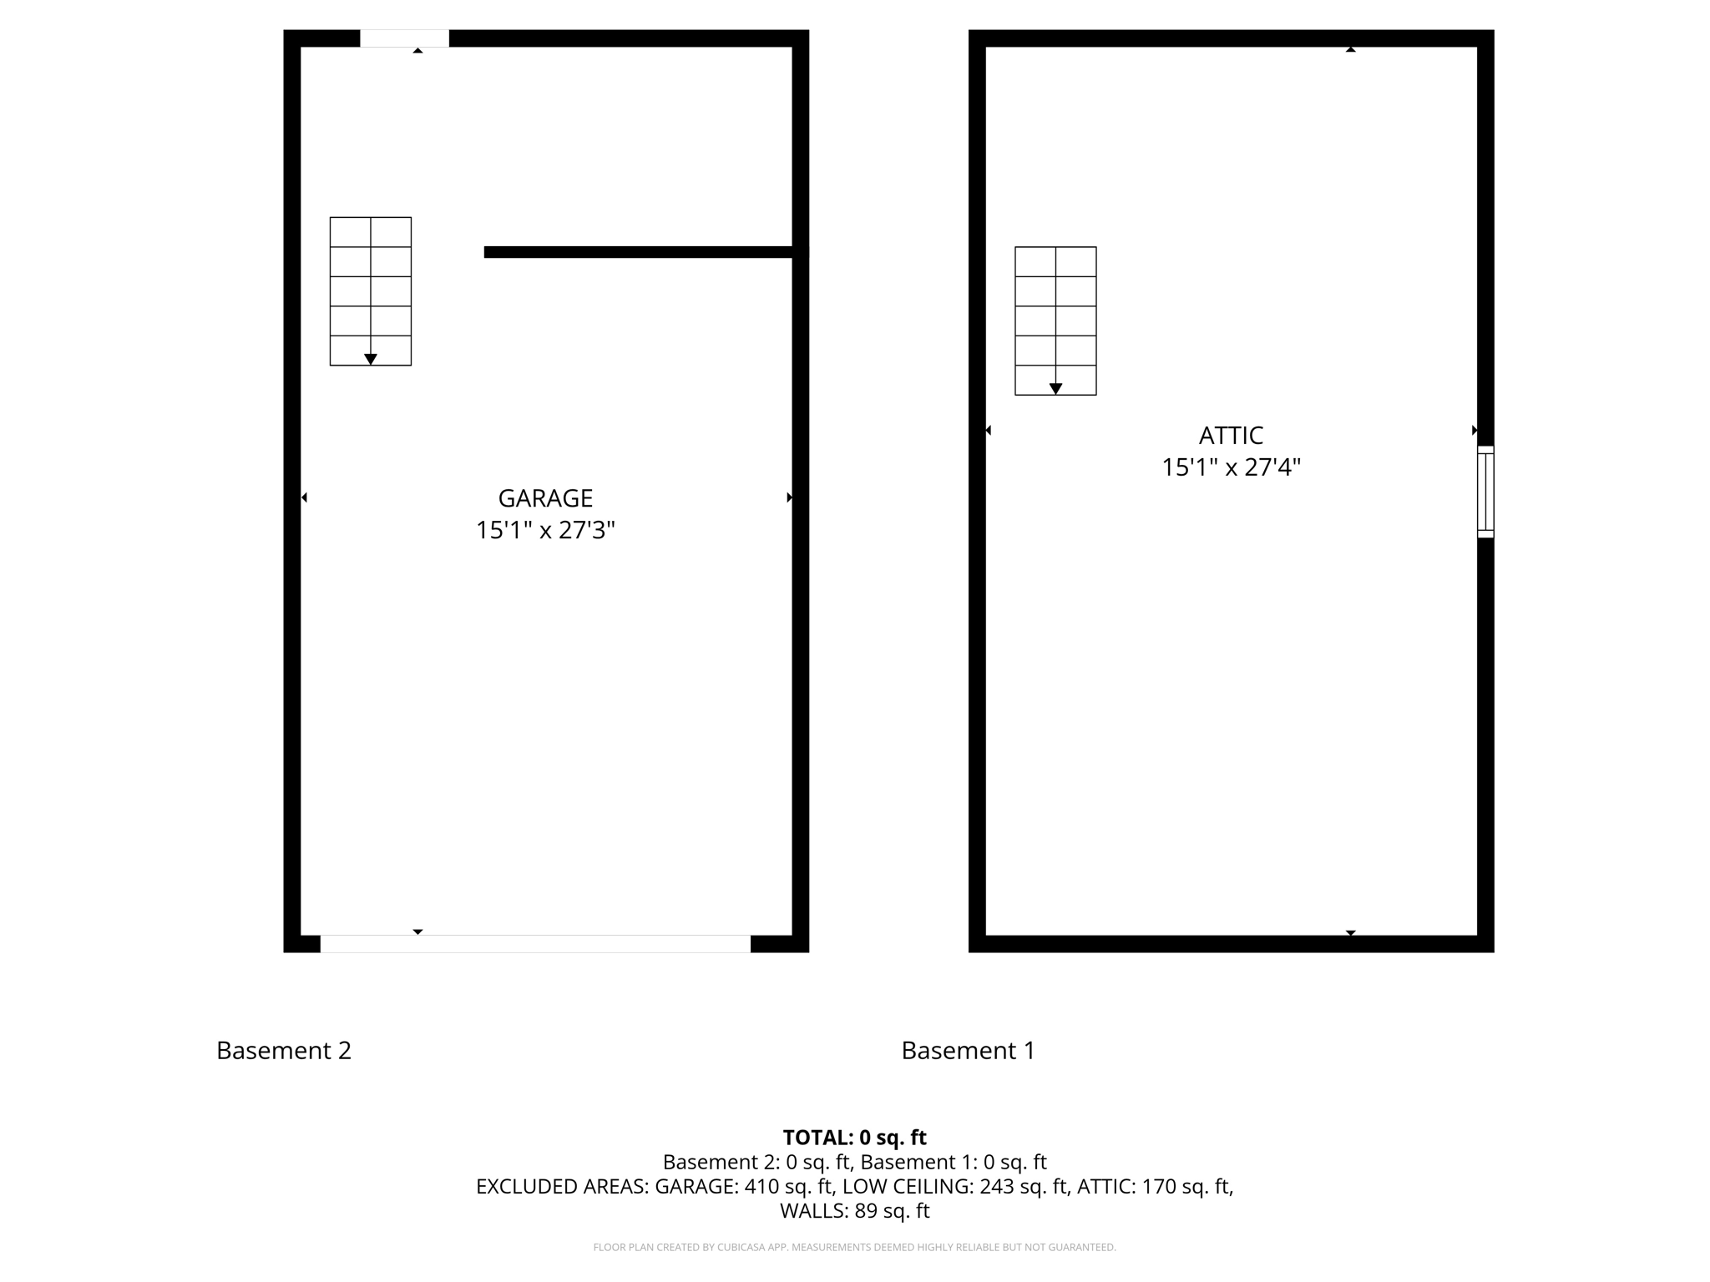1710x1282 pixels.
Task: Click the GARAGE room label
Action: tap(545, 498)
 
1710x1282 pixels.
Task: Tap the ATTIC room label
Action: tap(1231, 436)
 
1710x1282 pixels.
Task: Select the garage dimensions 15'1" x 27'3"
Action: tap(545, 530)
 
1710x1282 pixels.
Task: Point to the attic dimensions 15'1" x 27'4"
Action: tap(1231, 467)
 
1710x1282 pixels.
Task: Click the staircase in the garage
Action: tap(371, 291)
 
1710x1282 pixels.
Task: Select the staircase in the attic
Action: tap(1055, 320)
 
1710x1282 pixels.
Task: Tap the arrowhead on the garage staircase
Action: tap(371, 359)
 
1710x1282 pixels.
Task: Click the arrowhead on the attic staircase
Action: tap(1055, 389)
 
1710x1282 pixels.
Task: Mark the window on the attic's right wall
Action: tap(1485, 492)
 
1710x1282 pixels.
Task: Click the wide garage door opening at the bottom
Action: tap(535, 944)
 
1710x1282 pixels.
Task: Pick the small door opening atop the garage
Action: tap(404, 38)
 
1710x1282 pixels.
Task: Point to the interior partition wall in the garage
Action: tap(639, 252)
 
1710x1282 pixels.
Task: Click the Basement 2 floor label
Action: tap(284, 1050)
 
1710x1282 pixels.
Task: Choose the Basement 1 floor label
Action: tap(969, 1050)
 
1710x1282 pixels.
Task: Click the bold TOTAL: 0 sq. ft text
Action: tap(854, 1138)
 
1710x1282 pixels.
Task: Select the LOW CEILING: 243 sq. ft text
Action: tap(955, 1186)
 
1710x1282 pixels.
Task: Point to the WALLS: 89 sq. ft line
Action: tap(854, 1210)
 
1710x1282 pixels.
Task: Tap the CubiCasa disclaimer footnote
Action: tap(854, 1247)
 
